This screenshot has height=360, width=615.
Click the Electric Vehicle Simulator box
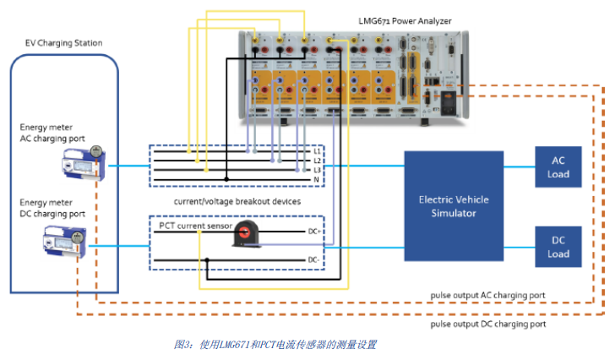click(454, 206)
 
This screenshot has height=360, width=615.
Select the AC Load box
click(558, 167)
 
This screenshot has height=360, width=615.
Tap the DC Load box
click(558, 247)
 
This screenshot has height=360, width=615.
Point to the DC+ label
click(312, 230)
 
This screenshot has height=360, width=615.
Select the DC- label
click(312, 259)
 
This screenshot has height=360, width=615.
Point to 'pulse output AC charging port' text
click(488, 295)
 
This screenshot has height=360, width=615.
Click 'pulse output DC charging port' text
click(488, 324)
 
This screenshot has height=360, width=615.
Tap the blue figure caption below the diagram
click(275, 345)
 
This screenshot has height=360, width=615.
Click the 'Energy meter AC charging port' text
click(52, 133)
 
